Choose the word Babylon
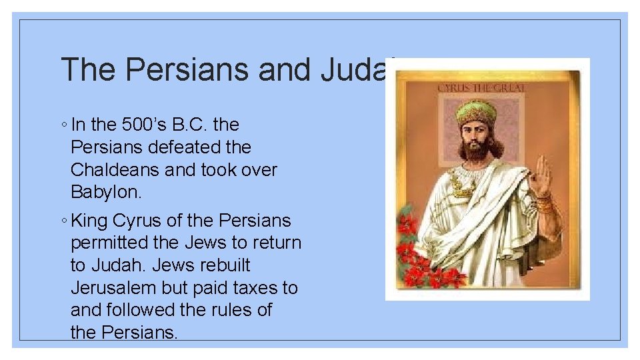107,192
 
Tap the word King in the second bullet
90,220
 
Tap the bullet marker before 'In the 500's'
63,125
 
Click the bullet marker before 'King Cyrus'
63,221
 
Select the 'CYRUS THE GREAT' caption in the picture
481,87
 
